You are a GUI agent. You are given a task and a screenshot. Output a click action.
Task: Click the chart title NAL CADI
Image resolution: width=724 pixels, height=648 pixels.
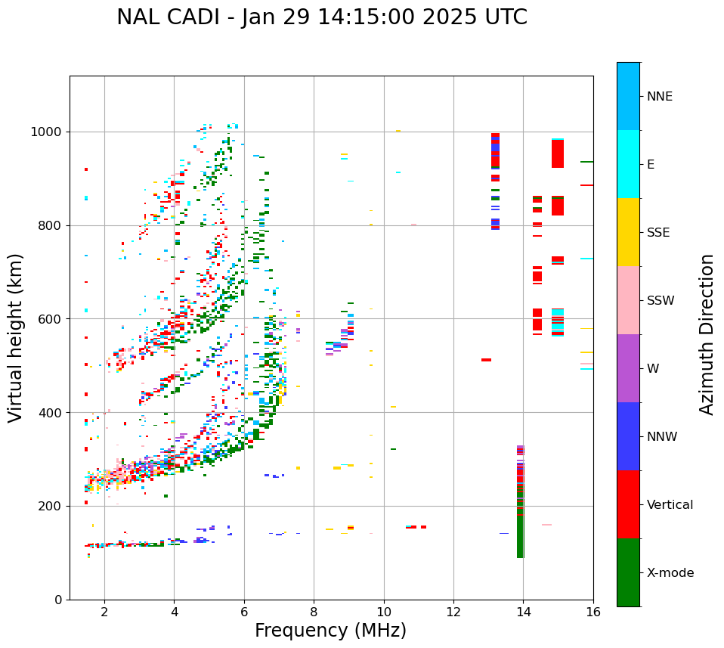click(x=321, y=17)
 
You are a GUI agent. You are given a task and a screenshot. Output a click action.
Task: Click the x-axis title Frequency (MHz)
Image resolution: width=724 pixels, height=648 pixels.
click(x=330, y=631)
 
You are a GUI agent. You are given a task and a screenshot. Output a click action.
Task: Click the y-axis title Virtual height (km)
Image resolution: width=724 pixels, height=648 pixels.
click(x=16, y=338)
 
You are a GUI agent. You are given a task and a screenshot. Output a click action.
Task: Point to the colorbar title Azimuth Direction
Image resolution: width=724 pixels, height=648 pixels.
click(x=707, y=333)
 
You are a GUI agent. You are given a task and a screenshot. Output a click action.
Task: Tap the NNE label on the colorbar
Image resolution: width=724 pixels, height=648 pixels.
click(x=659, y=97)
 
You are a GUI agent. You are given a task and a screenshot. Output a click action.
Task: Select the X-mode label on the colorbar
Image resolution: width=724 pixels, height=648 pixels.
click(x=670, y=573)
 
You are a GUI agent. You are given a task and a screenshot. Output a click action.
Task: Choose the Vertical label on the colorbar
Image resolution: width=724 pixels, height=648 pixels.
click(x=670, y=505)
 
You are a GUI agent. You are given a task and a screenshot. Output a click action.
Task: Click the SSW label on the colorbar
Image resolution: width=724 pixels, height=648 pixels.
click(x=660, y=301)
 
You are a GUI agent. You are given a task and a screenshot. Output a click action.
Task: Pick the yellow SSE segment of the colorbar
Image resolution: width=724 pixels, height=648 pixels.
click(x=628, y=232)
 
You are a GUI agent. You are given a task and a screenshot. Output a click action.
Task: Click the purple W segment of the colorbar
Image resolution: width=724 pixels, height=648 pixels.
click(x=628, y=368)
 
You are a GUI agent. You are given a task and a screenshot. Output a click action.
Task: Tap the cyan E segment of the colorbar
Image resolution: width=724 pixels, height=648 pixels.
click(x=628, y=164)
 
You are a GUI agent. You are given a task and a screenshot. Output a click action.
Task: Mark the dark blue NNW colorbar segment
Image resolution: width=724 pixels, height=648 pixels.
click(x=628, y=436)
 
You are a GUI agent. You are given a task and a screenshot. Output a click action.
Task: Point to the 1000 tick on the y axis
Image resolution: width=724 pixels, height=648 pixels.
click(x=48, y=132)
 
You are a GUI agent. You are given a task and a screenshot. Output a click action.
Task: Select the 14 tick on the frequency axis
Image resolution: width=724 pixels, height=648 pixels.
click(x=523, y=612)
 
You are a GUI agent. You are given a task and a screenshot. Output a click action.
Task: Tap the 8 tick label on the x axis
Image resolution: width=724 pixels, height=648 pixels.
click(x=314, y=612)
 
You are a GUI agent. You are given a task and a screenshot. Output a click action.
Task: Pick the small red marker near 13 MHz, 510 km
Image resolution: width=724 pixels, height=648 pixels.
click(x=486, y=360)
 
